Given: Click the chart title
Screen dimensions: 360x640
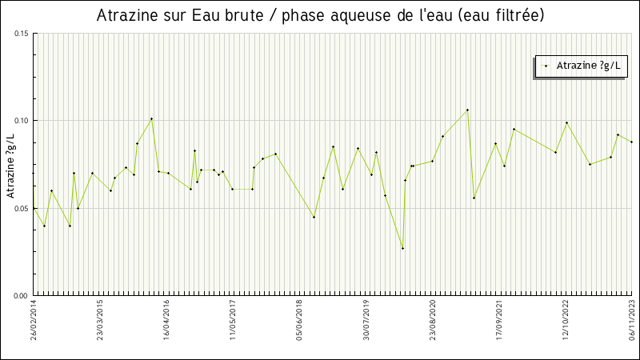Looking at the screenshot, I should pyautogui.click(x=320, y=16).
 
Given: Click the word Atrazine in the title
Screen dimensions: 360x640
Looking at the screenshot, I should pyautogui.click(x=127, y=16).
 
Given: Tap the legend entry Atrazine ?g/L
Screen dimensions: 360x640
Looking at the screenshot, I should pyautogui.click(x=580, y=66).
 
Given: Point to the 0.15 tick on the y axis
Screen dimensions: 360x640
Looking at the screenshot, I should pyautogui.click(x=21, y=34).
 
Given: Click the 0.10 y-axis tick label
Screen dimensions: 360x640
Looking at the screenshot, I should pyautogui.click(x=21, y=121).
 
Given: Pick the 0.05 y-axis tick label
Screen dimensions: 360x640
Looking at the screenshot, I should pyautogui.click(x=21, y=208).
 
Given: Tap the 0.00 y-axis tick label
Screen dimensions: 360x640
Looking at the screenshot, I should pyautogui.click(x=21, y=295).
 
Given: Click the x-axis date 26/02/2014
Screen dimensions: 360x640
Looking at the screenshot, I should pyautogui.click(x=34, y=320).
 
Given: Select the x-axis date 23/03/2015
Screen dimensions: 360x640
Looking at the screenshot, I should pyautogui.click(x=101, y=320).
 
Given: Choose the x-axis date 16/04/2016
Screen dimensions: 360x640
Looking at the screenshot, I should pyautogui.click(x=167, y=320).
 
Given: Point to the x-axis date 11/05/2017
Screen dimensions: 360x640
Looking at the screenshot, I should pyautogui.click(x=233, y=320).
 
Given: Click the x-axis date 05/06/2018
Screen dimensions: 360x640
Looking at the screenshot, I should pyautogui.click(x=299, y=320).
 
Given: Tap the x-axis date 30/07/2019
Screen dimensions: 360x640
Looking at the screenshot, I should pyautogui.click(x=366, y=320).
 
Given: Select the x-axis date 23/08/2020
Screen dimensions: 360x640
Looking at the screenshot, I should pyautogui.click(x=433, y=320).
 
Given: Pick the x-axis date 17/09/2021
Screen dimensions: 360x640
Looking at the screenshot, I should pyautogui.click(x=499, y=320).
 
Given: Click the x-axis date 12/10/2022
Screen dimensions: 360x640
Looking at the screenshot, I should pyautogui.click(x=566, y=320).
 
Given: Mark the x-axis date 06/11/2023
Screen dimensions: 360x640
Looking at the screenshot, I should pyautogui.click(x=631, y=320).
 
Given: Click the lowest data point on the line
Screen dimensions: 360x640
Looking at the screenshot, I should pyautogui.click(x=402, y=248).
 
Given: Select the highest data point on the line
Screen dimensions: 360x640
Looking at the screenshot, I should pyautogui.click(x=467, y=110).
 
